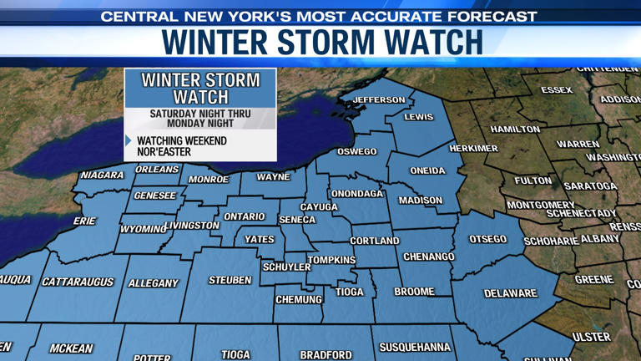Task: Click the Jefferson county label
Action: click(379, 99)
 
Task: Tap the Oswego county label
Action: click(356, 151)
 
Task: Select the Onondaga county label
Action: click(356, 193)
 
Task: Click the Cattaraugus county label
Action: click(78, 282)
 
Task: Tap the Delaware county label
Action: click(510, 293)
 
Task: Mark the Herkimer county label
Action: click(473, 148)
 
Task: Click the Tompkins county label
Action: click(332, 260)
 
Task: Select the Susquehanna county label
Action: click(415, 347)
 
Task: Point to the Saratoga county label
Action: click(590, 186)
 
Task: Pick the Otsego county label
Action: click(487, 239)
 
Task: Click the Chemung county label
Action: click(298, 298)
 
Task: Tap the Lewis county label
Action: click(419, 117)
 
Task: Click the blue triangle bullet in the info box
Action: click(129, 140)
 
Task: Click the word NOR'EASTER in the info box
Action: click(164, 152)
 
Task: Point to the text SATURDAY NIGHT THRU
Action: click(199, 112)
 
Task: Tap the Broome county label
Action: click(414, 292)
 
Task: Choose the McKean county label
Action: click(71, 348)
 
